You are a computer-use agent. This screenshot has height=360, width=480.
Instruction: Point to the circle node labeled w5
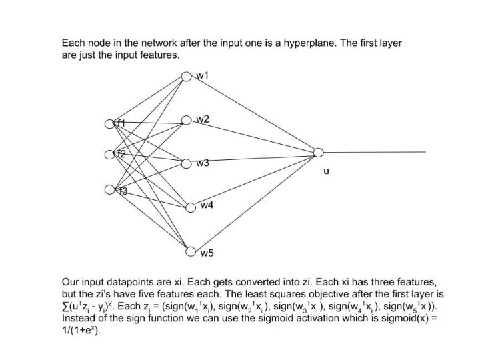tap(189, 252)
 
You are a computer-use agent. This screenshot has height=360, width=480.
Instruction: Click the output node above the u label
tap(318, 153)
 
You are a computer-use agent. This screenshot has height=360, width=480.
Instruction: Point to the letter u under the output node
tap(325, 171)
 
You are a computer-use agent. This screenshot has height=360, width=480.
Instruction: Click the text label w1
tap(202, 75)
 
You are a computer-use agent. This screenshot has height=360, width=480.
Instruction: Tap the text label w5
tap(207, 253)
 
